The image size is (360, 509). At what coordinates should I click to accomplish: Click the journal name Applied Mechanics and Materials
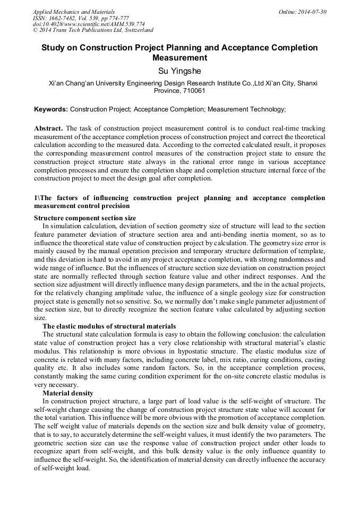tap(73, 12)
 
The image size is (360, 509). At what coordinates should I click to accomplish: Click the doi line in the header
tap(89, 24)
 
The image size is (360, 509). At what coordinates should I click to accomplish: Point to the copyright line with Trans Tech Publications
tap(93, 30)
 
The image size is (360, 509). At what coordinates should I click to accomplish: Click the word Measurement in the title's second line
tap(179, 58)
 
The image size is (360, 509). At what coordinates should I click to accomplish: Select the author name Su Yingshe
tap(179, 71)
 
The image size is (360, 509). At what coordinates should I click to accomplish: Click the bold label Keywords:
tap(51, 109)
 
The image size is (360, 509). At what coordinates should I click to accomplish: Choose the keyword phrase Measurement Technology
tap(245, 109)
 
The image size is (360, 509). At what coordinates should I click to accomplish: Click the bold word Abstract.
tap(48, 129)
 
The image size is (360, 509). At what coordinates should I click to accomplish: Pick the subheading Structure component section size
tap(85, 218)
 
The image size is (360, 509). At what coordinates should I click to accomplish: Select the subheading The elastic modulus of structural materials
tap(109, 326)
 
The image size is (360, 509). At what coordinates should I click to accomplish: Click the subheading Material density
tap(68, 393)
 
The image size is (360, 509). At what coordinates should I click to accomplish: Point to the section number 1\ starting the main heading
tap(37, 199)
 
